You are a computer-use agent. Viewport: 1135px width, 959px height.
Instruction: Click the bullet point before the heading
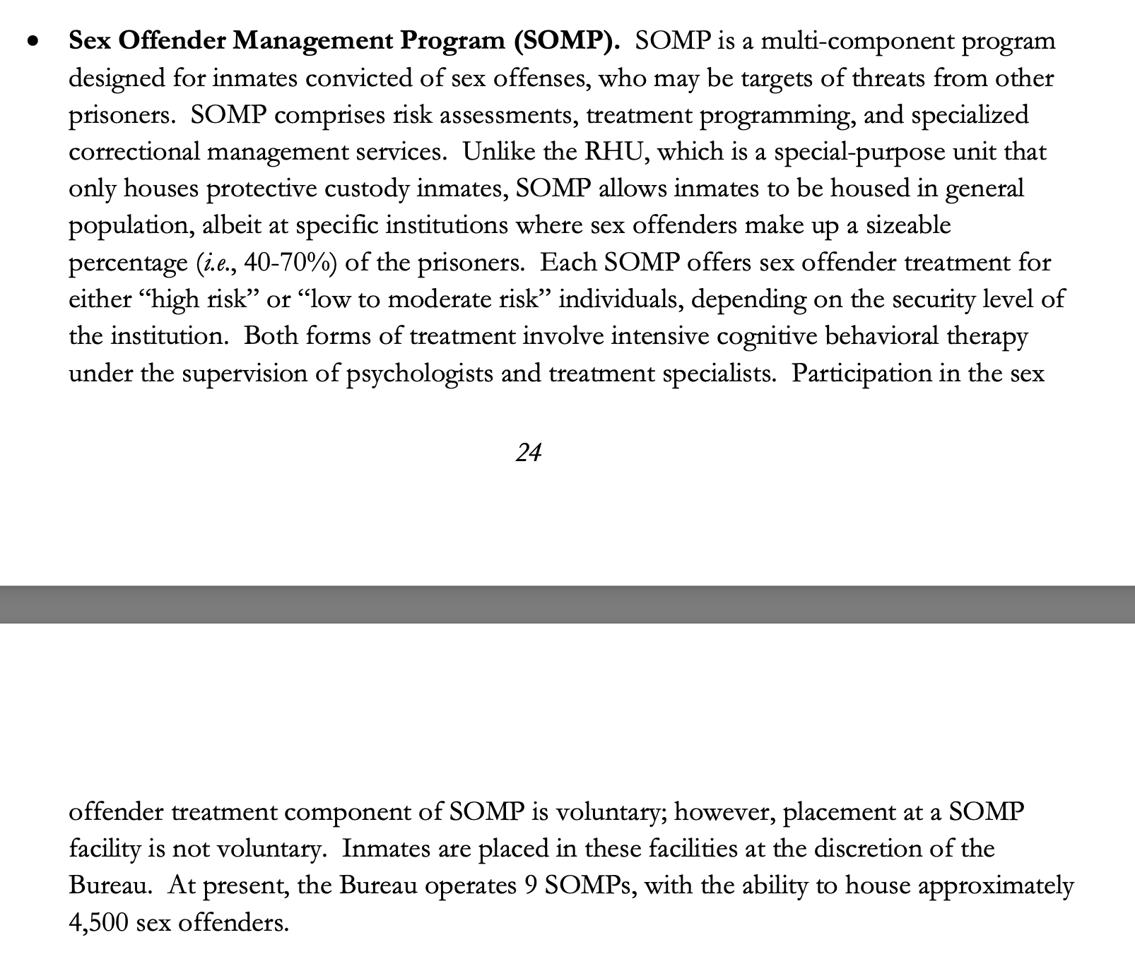coord(32,42)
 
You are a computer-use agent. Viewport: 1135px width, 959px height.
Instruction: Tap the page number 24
coord(529,453)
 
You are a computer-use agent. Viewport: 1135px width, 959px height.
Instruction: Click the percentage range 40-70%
coord(285,263)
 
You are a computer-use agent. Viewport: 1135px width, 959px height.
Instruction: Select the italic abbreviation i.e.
coord(215,263)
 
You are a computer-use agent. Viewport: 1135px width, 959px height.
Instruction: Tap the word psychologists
coord(419,374)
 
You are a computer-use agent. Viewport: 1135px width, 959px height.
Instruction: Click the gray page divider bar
coord(567,604)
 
